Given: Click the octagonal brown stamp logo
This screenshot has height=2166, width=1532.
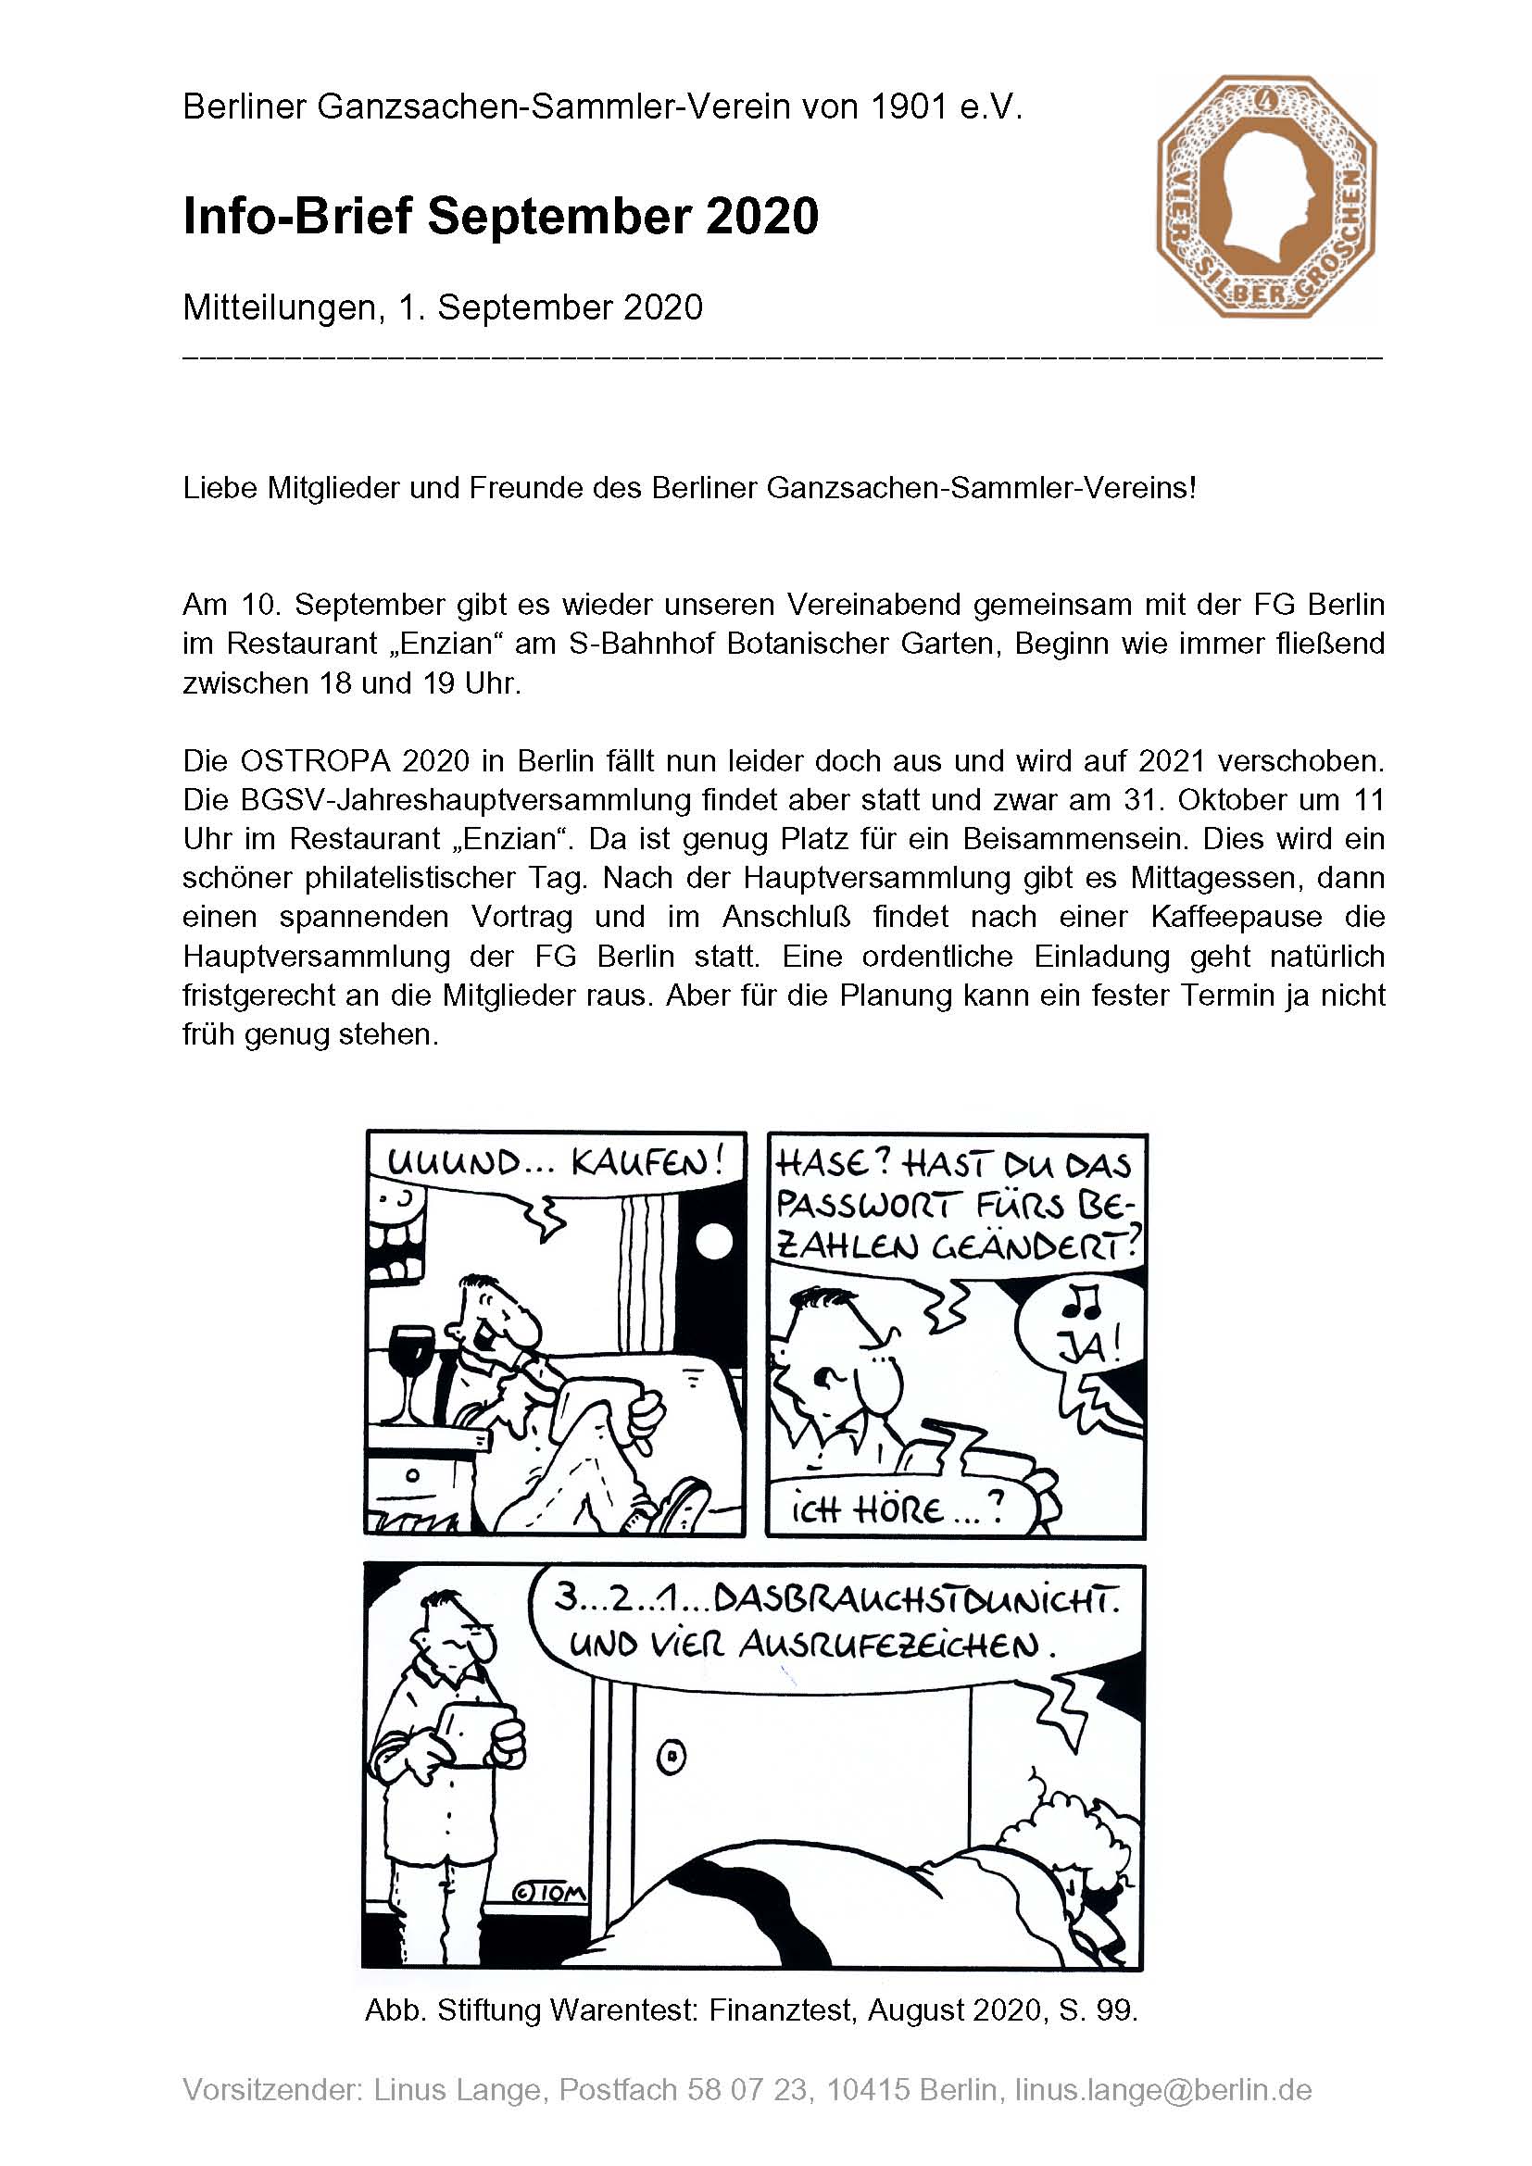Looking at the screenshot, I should point(1265,198).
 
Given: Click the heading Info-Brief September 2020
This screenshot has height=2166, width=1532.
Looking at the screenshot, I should point(500,216).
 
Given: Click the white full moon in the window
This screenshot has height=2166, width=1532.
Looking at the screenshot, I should point(714,1244).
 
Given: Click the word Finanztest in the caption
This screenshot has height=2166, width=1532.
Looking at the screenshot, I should point(783,2010).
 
